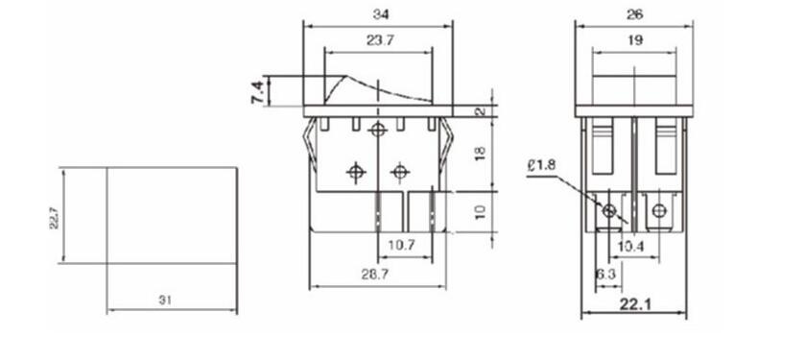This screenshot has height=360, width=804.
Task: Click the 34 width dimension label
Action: click(381, 14)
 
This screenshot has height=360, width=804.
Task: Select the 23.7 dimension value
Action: click(380, 40)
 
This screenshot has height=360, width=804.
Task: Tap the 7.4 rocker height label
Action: click(258, 92)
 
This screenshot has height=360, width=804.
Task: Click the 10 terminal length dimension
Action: click(480, 212)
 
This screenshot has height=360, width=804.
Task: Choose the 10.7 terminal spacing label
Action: click(401, 245)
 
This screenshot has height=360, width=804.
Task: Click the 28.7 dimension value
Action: click(374, 275)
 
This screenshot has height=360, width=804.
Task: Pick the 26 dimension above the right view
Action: click(635, 14)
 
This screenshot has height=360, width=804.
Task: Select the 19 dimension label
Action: click(635, 40)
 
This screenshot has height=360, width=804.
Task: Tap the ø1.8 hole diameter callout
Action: click(540, 166)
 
